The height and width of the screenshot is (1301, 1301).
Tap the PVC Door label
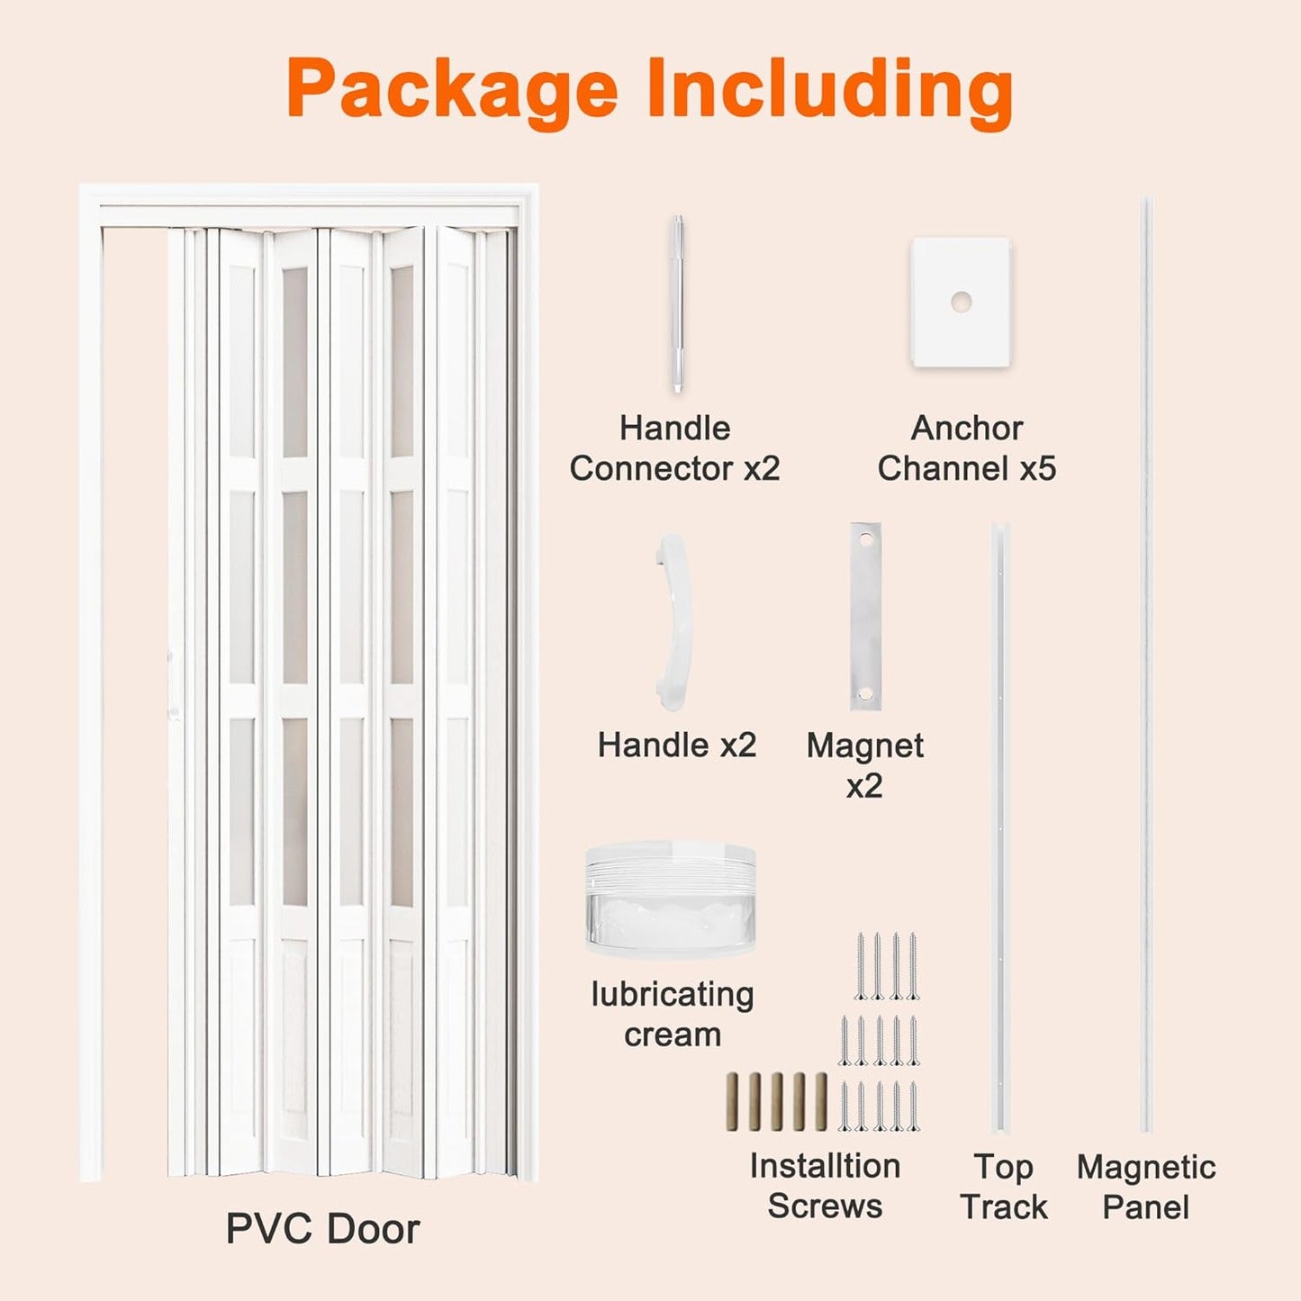322,1229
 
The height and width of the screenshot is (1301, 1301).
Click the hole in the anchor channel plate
961,302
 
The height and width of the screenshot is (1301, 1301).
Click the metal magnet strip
865,617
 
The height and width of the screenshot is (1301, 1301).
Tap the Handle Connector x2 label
674,448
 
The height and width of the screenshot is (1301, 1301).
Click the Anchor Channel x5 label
967,448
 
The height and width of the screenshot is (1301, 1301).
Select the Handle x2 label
677,745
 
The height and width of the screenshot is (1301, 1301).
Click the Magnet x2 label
864,765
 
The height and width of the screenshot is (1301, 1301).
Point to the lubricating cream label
673,1015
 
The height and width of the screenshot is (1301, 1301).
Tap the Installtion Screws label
825,1186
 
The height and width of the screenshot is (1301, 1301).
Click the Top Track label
1003,1187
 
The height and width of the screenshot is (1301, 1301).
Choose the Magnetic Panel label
1146,1187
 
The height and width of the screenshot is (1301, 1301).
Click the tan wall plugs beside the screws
776,1101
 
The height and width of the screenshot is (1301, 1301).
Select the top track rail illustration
1001,828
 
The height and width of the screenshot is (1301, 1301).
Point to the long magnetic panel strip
1146,666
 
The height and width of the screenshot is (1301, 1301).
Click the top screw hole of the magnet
866,540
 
